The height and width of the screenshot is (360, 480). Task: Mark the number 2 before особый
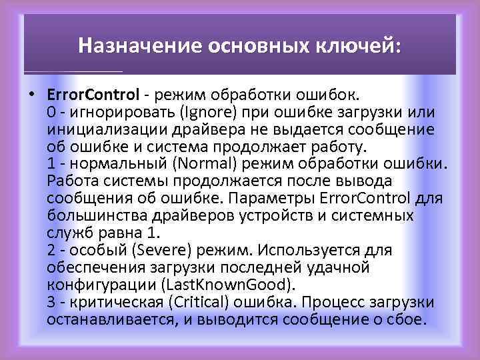tap(51, 250)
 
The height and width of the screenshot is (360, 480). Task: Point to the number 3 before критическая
tap(51, 302)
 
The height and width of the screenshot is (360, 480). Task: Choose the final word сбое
tap(405, 319)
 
